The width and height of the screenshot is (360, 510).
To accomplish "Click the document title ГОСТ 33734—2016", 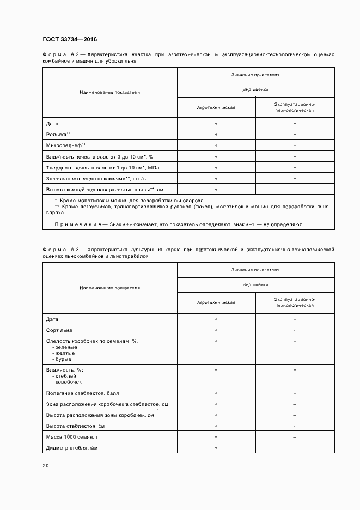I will (x=70, y=39).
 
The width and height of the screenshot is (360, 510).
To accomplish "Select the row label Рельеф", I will (x=57, y=135).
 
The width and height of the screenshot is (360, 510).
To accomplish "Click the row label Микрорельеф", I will (x=65, y=145).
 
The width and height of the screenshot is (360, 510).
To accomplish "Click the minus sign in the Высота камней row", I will (x=295, y=189).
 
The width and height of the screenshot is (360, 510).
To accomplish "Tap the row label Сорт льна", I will (x=59, y=330).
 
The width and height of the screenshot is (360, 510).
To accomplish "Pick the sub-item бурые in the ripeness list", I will (x=63, y=359).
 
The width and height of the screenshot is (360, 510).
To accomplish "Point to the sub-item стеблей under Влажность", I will (x=64, y=375).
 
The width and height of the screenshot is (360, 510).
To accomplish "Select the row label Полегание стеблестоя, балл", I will (x=82, y=393).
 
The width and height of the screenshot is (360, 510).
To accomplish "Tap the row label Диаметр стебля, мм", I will (x=71, y=447).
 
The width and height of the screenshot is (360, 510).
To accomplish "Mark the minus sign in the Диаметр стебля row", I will (x=295, y=447).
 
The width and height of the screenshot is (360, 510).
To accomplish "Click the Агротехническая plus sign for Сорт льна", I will (x=216, y=330).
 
